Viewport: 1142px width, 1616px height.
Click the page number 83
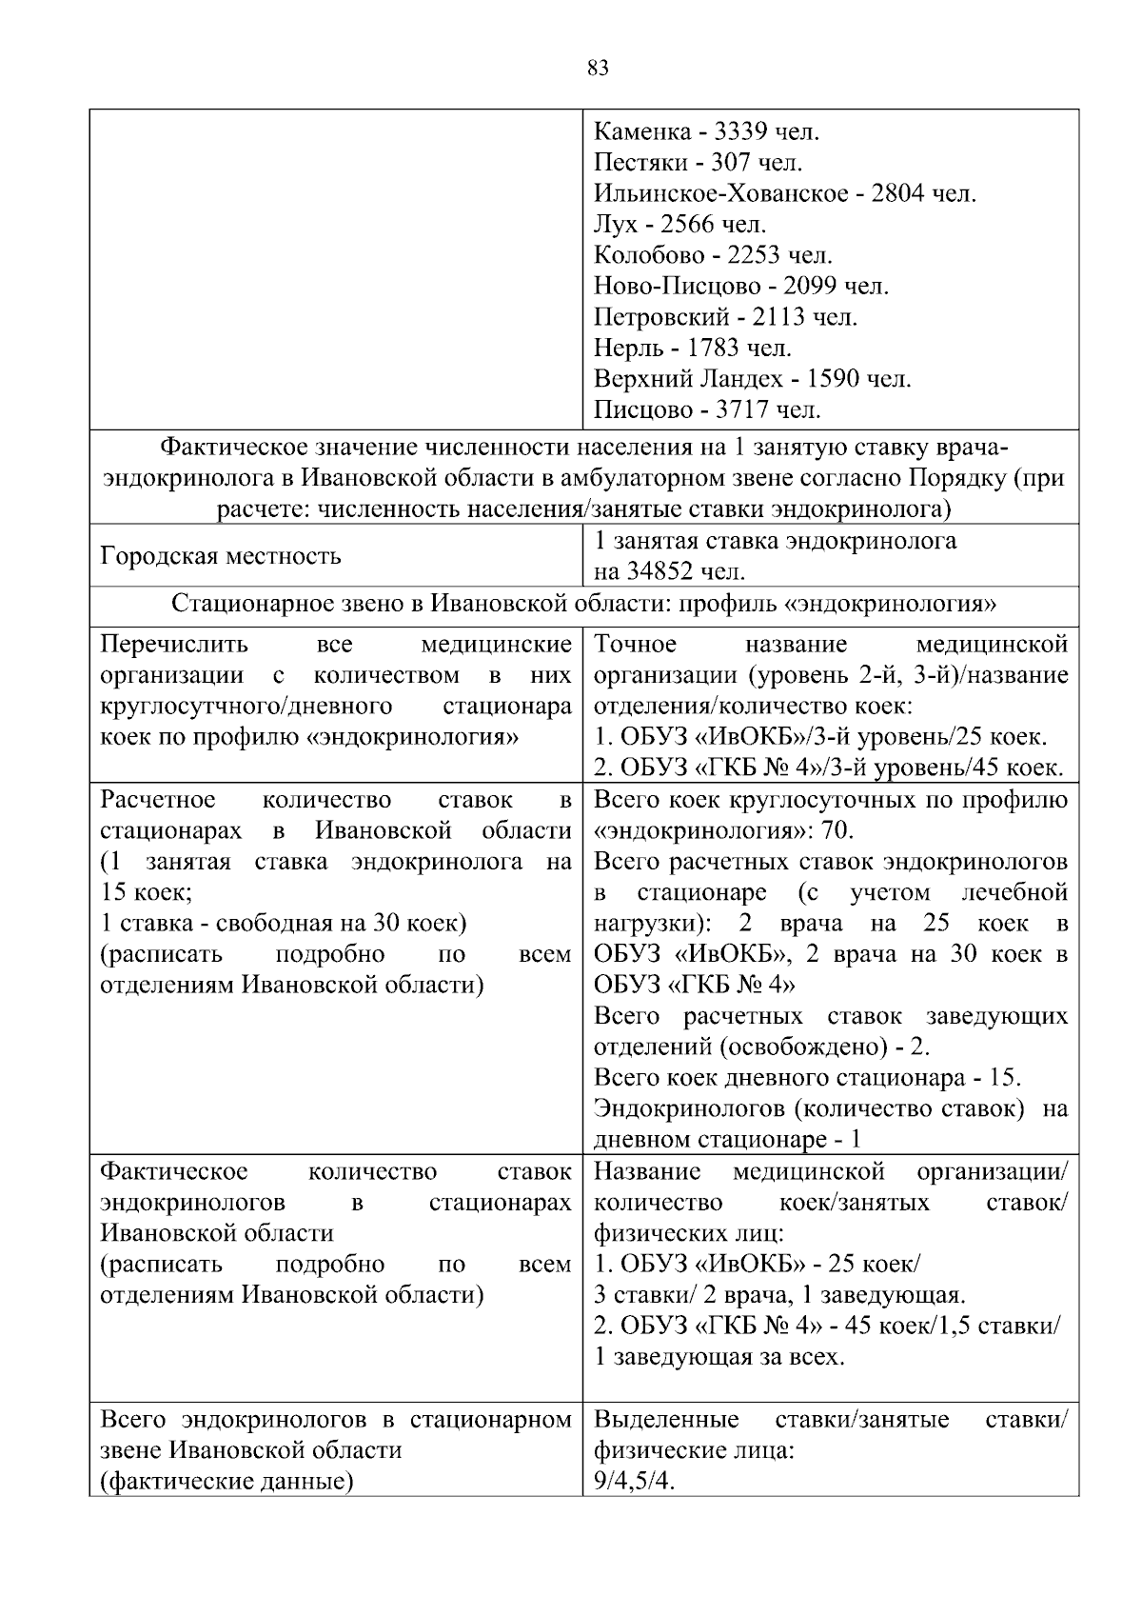[x=599, y=68]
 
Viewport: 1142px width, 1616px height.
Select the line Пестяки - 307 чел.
[x=699, y=162]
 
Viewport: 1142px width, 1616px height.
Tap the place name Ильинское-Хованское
[x=720, y=193]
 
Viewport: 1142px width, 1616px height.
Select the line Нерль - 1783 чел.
[x=693, y=349]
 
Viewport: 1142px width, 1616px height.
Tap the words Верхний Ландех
[x=688, y=379]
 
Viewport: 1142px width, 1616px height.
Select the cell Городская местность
[x=221, y=556]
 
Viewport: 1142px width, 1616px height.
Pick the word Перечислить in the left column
[x=174, y=645]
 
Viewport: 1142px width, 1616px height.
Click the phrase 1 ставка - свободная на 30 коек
[x=283, y=924]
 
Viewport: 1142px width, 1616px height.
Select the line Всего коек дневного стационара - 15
[x=807, y=1078]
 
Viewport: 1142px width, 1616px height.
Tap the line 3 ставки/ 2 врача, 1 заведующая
[x=779, y=1295]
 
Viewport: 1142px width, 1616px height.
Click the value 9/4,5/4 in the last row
[x=634, y=1482]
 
